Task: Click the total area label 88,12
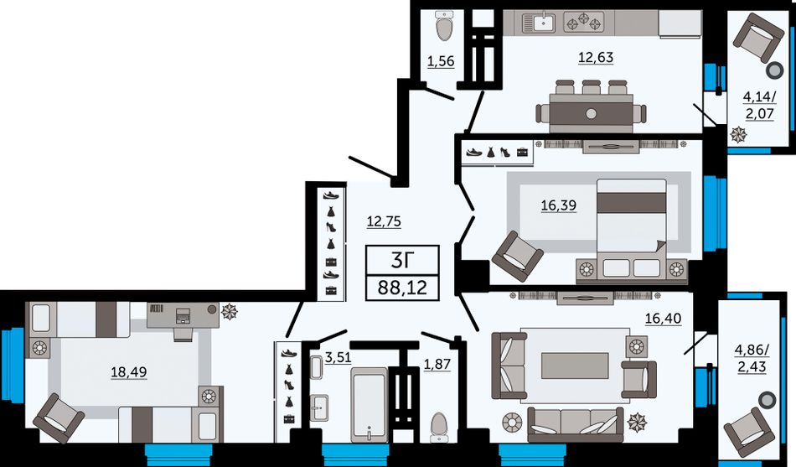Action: coord(402,288)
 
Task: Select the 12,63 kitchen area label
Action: coord(596,57)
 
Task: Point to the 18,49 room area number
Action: coord(129,372)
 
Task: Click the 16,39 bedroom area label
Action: coord(558,205)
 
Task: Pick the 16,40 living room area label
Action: coord(663,319)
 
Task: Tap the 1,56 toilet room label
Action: coord(441,62)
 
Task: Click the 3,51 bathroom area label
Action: coord(339,358)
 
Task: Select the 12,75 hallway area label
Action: coord(384,221)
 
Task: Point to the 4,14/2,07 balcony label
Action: coord(759,105)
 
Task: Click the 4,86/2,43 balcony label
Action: coord(752,358)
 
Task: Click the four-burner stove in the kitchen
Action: coord(585,23)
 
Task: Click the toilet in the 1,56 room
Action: coord(445,24)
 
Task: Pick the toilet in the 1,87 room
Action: coord(438,427)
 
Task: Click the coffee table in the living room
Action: coord(575,366)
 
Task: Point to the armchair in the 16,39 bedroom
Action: coord(518,257)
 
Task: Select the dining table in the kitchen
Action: coord(591,113)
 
